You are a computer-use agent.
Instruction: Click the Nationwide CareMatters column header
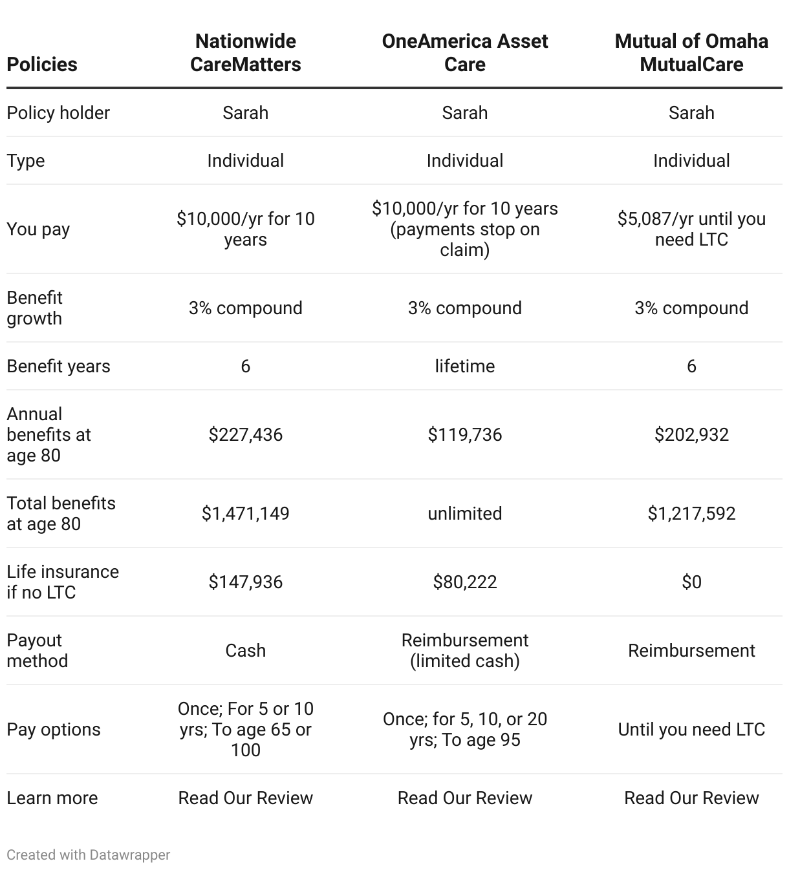pyautogui.click(x=245, y=52)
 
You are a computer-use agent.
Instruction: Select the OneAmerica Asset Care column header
pyautogui.click(x=464, y=52)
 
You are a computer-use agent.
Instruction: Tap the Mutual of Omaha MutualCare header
pyautogui.click(x=691, y=52)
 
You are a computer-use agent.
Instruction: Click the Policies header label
pyautogui.click(x=42, y=64)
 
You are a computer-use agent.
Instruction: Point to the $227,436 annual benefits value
pyautogui.click(x=245, y=434)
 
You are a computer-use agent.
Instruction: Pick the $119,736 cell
pyautogui.click(x=464, y=434)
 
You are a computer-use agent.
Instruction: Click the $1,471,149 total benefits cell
pyautogui.click(x=245, y=513)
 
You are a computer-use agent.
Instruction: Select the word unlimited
pyautogui.click(x=464, y=513)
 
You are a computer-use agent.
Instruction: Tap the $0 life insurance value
pyautogui.click(x=691, y=582)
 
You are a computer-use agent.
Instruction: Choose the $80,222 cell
pyautogui.click(x=464, y=582)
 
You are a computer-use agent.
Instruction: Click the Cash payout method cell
pyautogui.click(x=245, y=650)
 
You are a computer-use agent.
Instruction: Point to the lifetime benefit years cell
pyautogui.click(x=464, y=366)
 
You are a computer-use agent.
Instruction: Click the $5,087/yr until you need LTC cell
pyautogui.click(x=691, y=229)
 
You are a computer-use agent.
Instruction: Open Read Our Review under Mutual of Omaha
pyautogui.click(x=691, y=798)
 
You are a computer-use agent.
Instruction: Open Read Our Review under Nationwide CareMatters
pyautogui.click(x=245, y=798)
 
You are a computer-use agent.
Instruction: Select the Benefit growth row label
pyautogui.click(x=34, y=308)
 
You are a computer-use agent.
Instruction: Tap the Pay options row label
pyautogui.click(x=54, y=729)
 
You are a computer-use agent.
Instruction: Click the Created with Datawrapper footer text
pyautogui.click(x=88, y=854)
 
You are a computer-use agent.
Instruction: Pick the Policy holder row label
pyautogui.click(x=58, y=112)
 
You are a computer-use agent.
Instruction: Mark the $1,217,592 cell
pyautogui.click(x=691, y=513)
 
